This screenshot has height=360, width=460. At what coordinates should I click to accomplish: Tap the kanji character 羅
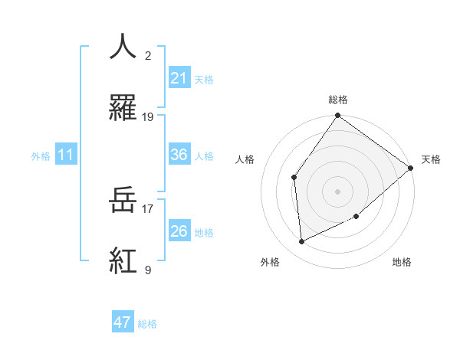click(123, 108)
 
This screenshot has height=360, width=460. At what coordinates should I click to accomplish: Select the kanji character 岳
click(123, 201)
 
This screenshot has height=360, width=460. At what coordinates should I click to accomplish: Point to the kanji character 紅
click(123, 260)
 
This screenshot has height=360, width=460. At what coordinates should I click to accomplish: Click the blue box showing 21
click(179, 77)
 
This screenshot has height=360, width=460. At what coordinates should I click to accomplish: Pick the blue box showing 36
click(179, 154)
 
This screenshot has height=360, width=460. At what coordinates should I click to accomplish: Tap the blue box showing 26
click(179, 231)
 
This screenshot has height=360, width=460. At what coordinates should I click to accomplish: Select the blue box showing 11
click(66, 155)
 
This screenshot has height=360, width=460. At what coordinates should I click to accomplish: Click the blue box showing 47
click(123, 322)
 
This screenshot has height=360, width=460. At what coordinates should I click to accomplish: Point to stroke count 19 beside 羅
click(148, 117)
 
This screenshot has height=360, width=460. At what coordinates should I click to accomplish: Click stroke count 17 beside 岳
click(147, 207)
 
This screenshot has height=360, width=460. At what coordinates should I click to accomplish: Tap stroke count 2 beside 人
click(147, 56)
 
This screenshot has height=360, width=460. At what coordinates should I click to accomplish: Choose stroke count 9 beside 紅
click(147, 270)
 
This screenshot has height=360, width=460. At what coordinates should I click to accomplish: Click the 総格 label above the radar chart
click(337, 100)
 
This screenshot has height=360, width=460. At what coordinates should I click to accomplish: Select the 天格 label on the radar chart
click(431, 159)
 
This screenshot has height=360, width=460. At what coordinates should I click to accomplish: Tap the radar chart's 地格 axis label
click(402, 262)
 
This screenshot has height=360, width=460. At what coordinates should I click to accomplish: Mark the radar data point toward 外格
click(302, 242)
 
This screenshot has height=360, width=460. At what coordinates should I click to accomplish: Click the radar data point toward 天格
click(411, 169)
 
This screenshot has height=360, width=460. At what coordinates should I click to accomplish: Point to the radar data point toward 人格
click(294, 178)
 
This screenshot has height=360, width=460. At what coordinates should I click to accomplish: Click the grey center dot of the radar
click(337, 191)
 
